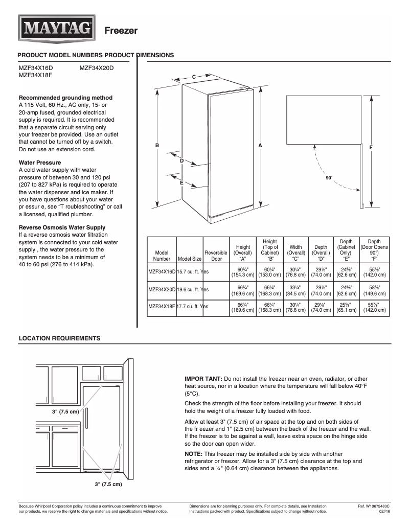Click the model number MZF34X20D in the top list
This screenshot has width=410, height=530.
point(97,67)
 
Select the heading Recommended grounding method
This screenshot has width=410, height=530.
point(65,98)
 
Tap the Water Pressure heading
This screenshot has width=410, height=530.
point(39,163)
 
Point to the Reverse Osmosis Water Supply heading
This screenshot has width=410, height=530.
point(62,227)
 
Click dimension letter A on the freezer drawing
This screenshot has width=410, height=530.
point(260,146)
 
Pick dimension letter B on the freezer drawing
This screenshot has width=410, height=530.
point(157,146)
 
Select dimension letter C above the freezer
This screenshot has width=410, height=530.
point(194,77)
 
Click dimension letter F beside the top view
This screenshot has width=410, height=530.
point(370,147)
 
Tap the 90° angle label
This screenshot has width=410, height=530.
point(329,177)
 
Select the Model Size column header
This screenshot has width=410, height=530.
point(190,259)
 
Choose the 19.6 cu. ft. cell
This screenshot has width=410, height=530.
point(190,289)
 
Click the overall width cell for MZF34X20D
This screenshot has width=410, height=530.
point(295,290)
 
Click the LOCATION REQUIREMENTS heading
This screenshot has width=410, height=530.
point(59,338)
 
